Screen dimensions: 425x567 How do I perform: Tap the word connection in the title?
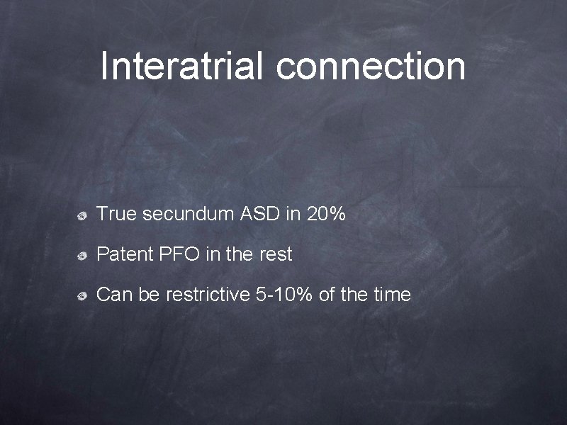371,66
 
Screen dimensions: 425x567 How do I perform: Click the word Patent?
121,254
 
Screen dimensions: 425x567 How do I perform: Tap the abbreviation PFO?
176,254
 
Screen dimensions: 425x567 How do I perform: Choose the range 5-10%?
283,295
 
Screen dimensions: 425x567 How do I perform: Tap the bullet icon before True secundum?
83,215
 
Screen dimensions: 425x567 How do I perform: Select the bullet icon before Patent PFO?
83,255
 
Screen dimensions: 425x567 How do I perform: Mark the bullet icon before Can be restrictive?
83,296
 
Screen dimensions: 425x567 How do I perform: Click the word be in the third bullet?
149,295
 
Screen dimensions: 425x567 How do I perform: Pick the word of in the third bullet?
327,295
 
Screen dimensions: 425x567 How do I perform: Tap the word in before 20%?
293,213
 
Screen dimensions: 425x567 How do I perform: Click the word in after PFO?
212,254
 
